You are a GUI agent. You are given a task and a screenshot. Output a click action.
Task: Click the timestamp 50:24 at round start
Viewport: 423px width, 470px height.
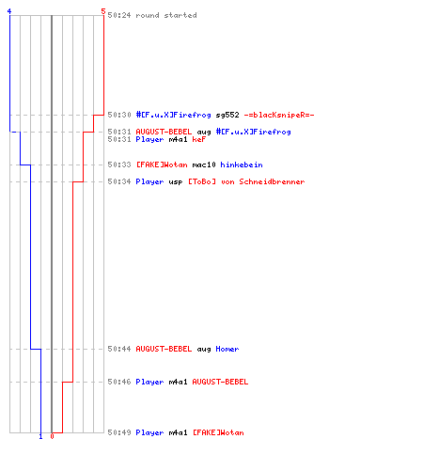(119, 15)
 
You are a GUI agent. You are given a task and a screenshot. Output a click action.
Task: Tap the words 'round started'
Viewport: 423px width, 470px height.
(166, 15)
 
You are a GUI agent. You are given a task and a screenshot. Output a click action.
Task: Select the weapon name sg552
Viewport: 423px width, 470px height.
(227, 115)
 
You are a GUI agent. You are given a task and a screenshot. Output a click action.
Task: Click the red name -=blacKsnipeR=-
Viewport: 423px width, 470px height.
(279, 115)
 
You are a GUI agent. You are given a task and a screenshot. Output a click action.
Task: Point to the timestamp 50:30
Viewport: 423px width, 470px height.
(119, 115)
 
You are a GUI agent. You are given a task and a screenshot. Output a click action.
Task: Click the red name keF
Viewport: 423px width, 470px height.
(199, 139)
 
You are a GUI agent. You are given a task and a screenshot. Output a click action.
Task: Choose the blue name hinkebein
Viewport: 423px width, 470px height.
(242, 164)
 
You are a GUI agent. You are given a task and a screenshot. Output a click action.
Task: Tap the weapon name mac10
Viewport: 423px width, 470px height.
(204, 164)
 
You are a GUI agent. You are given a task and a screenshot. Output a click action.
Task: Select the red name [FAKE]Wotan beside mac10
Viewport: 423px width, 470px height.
(162, 164)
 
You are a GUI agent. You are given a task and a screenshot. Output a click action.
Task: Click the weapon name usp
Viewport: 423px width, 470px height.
(176, 182)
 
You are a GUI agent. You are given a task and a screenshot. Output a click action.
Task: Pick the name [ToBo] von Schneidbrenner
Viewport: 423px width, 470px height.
(246, 181)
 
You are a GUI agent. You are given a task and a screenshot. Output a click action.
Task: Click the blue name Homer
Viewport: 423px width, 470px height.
(227, 349)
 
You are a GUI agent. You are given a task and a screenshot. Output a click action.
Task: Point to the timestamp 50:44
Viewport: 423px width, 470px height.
(119, 349)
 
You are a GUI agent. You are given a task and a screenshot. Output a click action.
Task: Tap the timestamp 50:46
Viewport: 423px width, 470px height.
(119, 382)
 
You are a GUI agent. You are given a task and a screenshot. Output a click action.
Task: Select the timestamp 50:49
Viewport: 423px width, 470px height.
(119, 432)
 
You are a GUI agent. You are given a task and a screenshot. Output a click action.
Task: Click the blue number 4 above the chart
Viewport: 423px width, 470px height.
(9, 11)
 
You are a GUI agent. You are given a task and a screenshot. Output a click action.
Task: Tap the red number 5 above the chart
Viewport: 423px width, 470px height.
(103, 11)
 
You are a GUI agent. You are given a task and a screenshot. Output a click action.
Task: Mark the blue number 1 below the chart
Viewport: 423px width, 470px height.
(40, 436)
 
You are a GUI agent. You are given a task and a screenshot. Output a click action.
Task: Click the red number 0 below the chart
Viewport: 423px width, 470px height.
(52, 436)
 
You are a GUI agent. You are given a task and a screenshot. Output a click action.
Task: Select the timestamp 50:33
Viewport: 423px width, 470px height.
(119, 164)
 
